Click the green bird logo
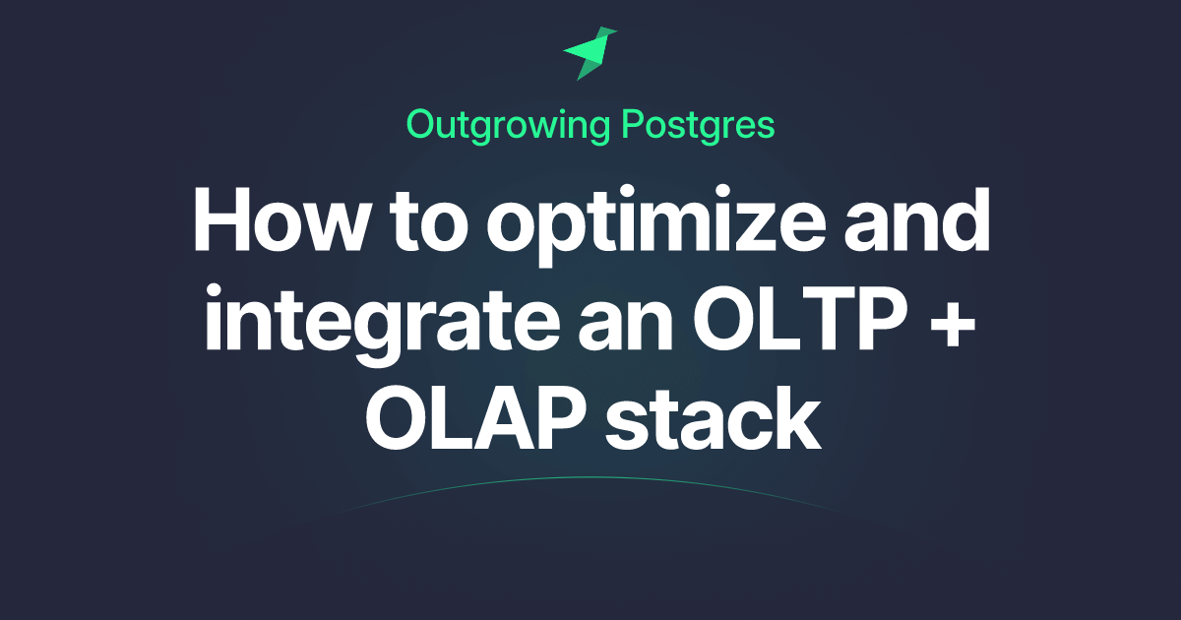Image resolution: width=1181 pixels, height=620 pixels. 590,54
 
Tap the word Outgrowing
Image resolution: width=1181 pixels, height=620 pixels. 508,127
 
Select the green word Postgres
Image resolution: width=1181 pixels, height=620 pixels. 698,127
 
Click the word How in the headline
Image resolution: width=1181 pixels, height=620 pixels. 280,219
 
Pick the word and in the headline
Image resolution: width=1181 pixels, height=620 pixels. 917,219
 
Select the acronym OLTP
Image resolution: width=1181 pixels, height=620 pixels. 801,319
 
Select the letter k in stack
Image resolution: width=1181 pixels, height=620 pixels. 796,416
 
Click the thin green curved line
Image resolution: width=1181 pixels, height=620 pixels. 586,477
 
